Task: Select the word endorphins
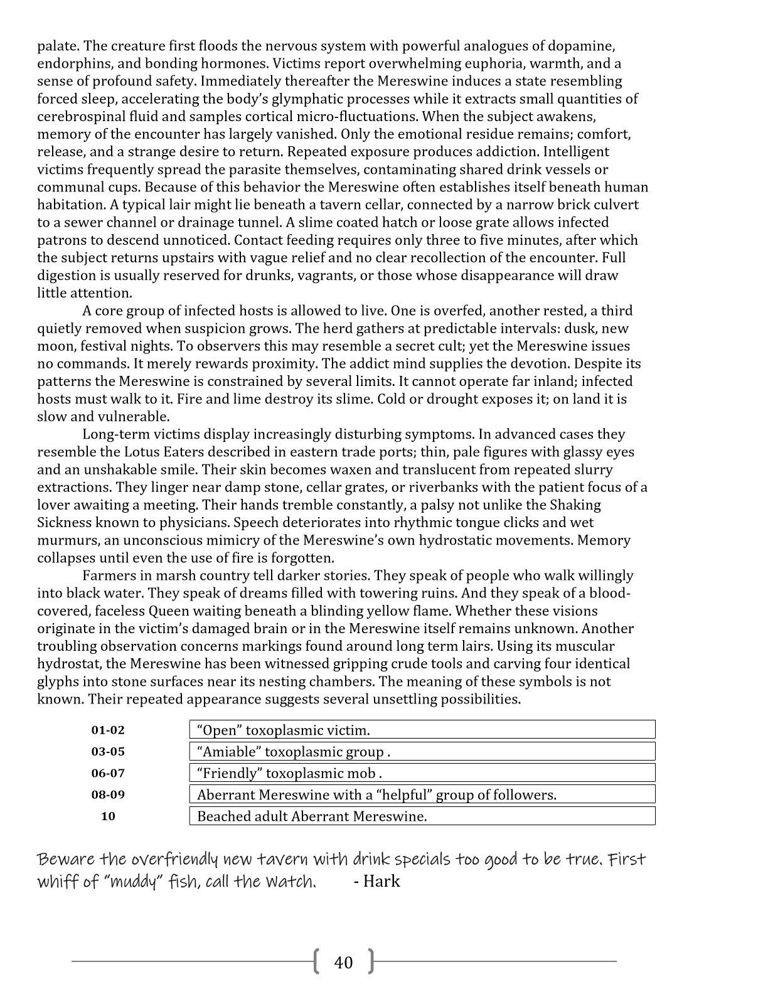point(68,63)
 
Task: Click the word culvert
point(617,205)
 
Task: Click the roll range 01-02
point(108,730)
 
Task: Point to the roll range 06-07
point(108,773)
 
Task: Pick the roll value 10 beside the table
point(108,816)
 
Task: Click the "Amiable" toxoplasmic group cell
point(422,752)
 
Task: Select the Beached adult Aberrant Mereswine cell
point(422,816)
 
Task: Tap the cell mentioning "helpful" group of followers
point(422,794)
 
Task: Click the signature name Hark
point(381,881)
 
